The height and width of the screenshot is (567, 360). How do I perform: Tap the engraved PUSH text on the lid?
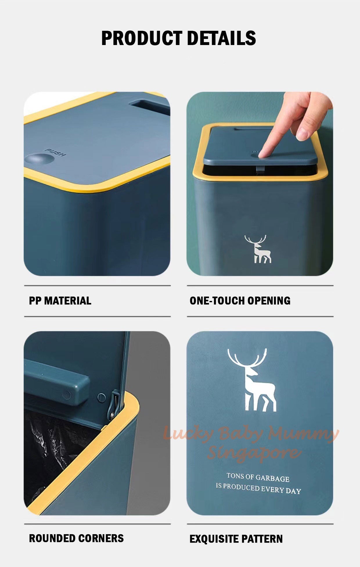coord(55,152)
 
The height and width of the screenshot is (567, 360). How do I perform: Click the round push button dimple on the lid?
coord(39,159)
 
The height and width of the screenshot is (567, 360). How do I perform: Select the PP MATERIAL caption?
coord(60,301)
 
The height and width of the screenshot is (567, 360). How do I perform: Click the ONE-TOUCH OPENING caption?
coord(240,301)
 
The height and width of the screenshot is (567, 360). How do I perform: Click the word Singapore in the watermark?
coord(253,452)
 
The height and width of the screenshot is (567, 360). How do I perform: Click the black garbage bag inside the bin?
coord(49,447)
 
